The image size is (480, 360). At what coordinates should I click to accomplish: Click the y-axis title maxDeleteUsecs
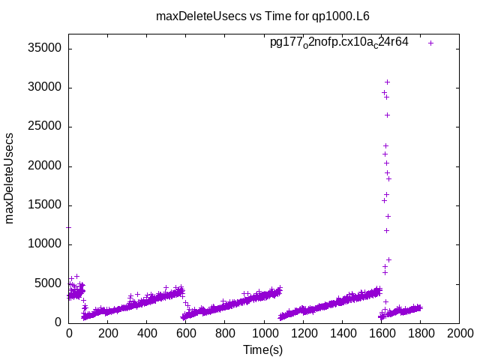[x=10, y=178]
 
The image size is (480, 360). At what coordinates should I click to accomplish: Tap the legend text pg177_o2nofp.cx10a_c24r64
[x=339, y=43]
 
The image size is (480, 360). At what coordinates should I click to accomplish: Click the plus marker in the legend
[x=430, y=43]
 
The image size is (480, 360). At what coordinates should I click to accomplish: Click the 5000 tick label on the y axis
[x=49, y=283]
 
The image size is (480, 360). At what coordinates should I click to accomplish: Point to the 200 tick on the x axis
[x=108, y=334]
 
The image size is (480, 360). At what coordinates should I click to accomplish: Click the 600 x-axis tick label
[x=186, y=334]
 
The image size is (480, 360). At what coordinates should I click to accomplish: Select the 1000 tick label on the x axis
[x=264, y=334]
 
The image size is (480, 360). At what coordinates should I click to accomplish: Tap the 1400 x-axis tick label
[x=342, y=334]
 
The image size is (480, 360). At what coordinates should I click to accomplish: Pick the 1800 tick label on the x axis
[x=420, y=334]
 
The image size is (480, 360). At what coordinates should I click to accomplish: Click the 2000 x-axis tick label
[x=459, y=334]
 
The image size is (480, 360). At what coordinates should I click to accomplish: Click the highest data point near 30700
[x=387, y=82]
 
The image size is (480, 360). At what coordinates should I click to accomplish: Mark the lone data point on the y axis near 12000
[x=69, y=226]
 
